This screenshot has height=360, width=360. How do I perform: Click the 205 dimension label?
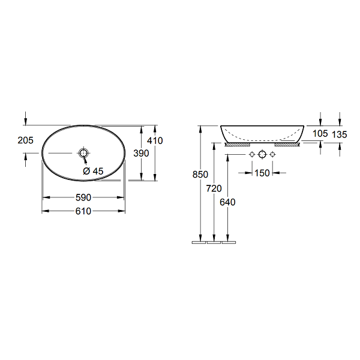click(x=25, y=140)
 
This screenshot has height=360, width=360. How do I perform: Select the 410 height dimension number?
click(x=155, y=140)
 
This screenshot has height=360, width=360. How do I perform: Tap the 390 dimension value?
click(x=141, y=153)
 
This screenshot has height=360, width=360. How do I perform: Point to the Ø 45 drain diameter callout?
click(x=93, y=171)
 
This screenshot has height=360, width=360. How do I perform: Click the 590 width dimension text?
click(x=83, y=197)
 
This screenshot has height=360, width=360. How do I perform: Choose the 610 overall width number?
click(x=83, y=211)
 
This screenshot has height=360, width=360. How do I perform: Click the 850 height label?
click(x=200, y=175)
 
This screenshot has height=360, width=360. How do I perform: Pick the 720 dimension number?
click(x=214, y=188)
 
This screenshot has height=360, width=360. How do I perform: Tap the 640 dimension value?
click(x=227, y=202)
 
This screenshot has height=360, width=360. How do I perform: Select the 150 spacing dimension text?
click(x=262, y=173)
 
